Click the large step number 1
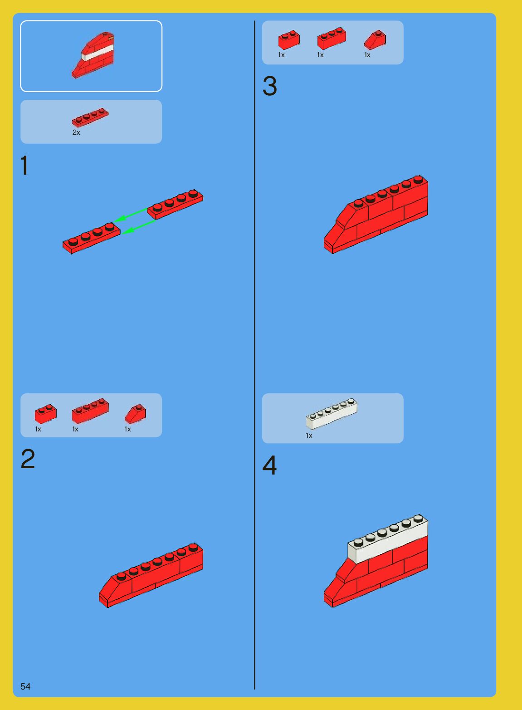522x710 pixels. tap(25, 166)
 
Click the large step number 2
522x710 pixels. tap(28, 460)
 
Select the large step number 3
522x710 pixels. tap(269, 86)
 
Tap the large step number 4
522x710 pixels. tap(269, 465)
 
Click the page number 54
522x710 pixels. tap(25, 686)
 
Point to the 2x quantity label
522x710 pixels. tap(76, 132)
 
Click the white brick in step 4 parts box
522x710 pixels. tap(332, 414)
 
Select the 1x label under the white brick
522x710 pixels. tap(309, 436)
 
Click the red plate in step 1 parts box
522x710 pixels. tap(90, 118)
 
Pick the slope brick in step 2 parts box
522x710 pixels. tap(135, 414)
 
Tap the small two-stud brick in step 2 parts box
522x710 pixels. tap(45, 414)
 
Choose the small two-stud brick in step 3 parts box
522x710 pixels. tap(289, 39)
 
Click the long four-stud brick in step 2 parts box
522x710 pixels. tap(90, 411)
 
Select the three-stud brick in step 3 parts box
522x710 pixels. tap(332, 39)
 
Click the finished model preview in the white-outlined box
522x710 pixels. tap(93, 55)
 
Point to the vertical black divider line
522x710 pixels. tap(254, 354)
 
